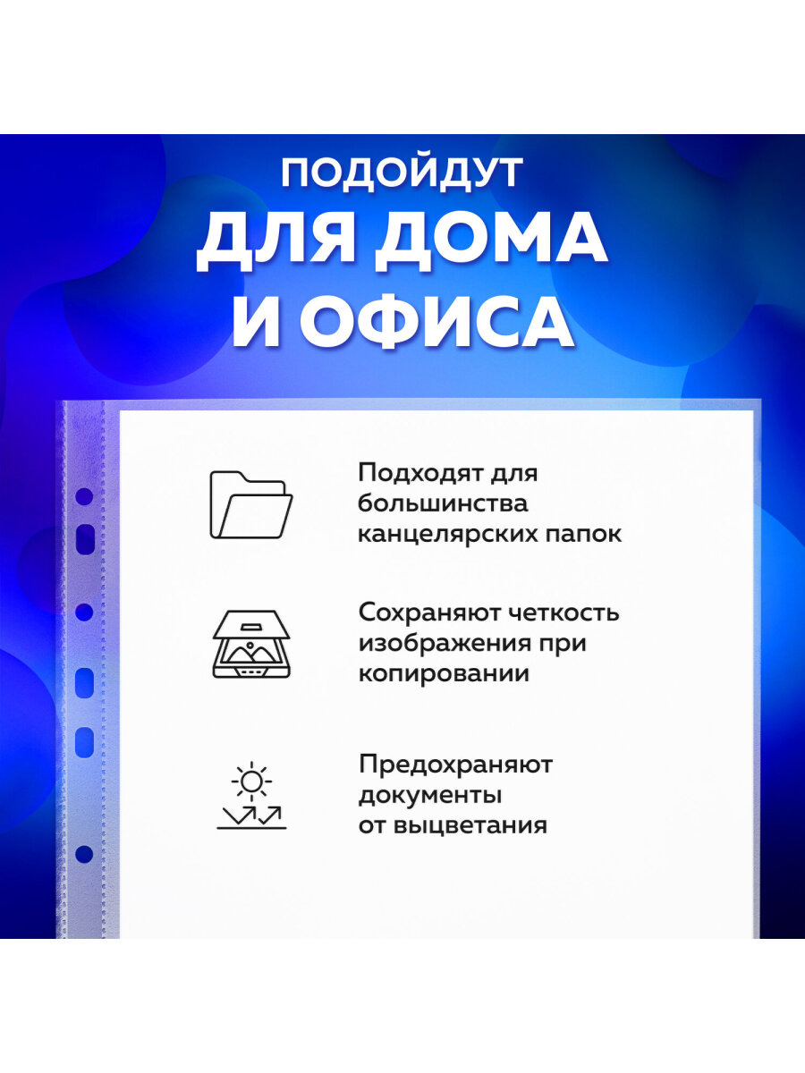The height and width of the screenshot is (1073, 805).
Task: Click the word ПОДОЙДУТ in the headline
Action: click(x=402, y=174)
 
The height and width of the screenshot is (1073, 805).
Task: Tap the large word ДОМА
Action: click(x=491, y=243)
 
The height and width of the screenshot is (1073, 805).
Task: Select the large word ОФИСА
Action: click(x=436, y=321)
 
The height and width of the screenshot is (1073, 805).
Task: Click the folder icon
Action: click(x=251, y=505)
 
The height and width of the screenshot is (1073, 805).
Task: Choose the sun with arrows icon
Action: click(x=251, y=802)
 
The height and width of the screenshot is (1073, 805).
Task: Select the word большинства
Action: click(x=444, y=503)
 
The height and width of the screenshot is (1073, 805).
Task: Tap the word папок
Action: click(x=583, y=536)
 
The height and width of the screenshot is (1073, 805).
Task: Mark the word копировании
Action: click(x=445, y=674)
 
